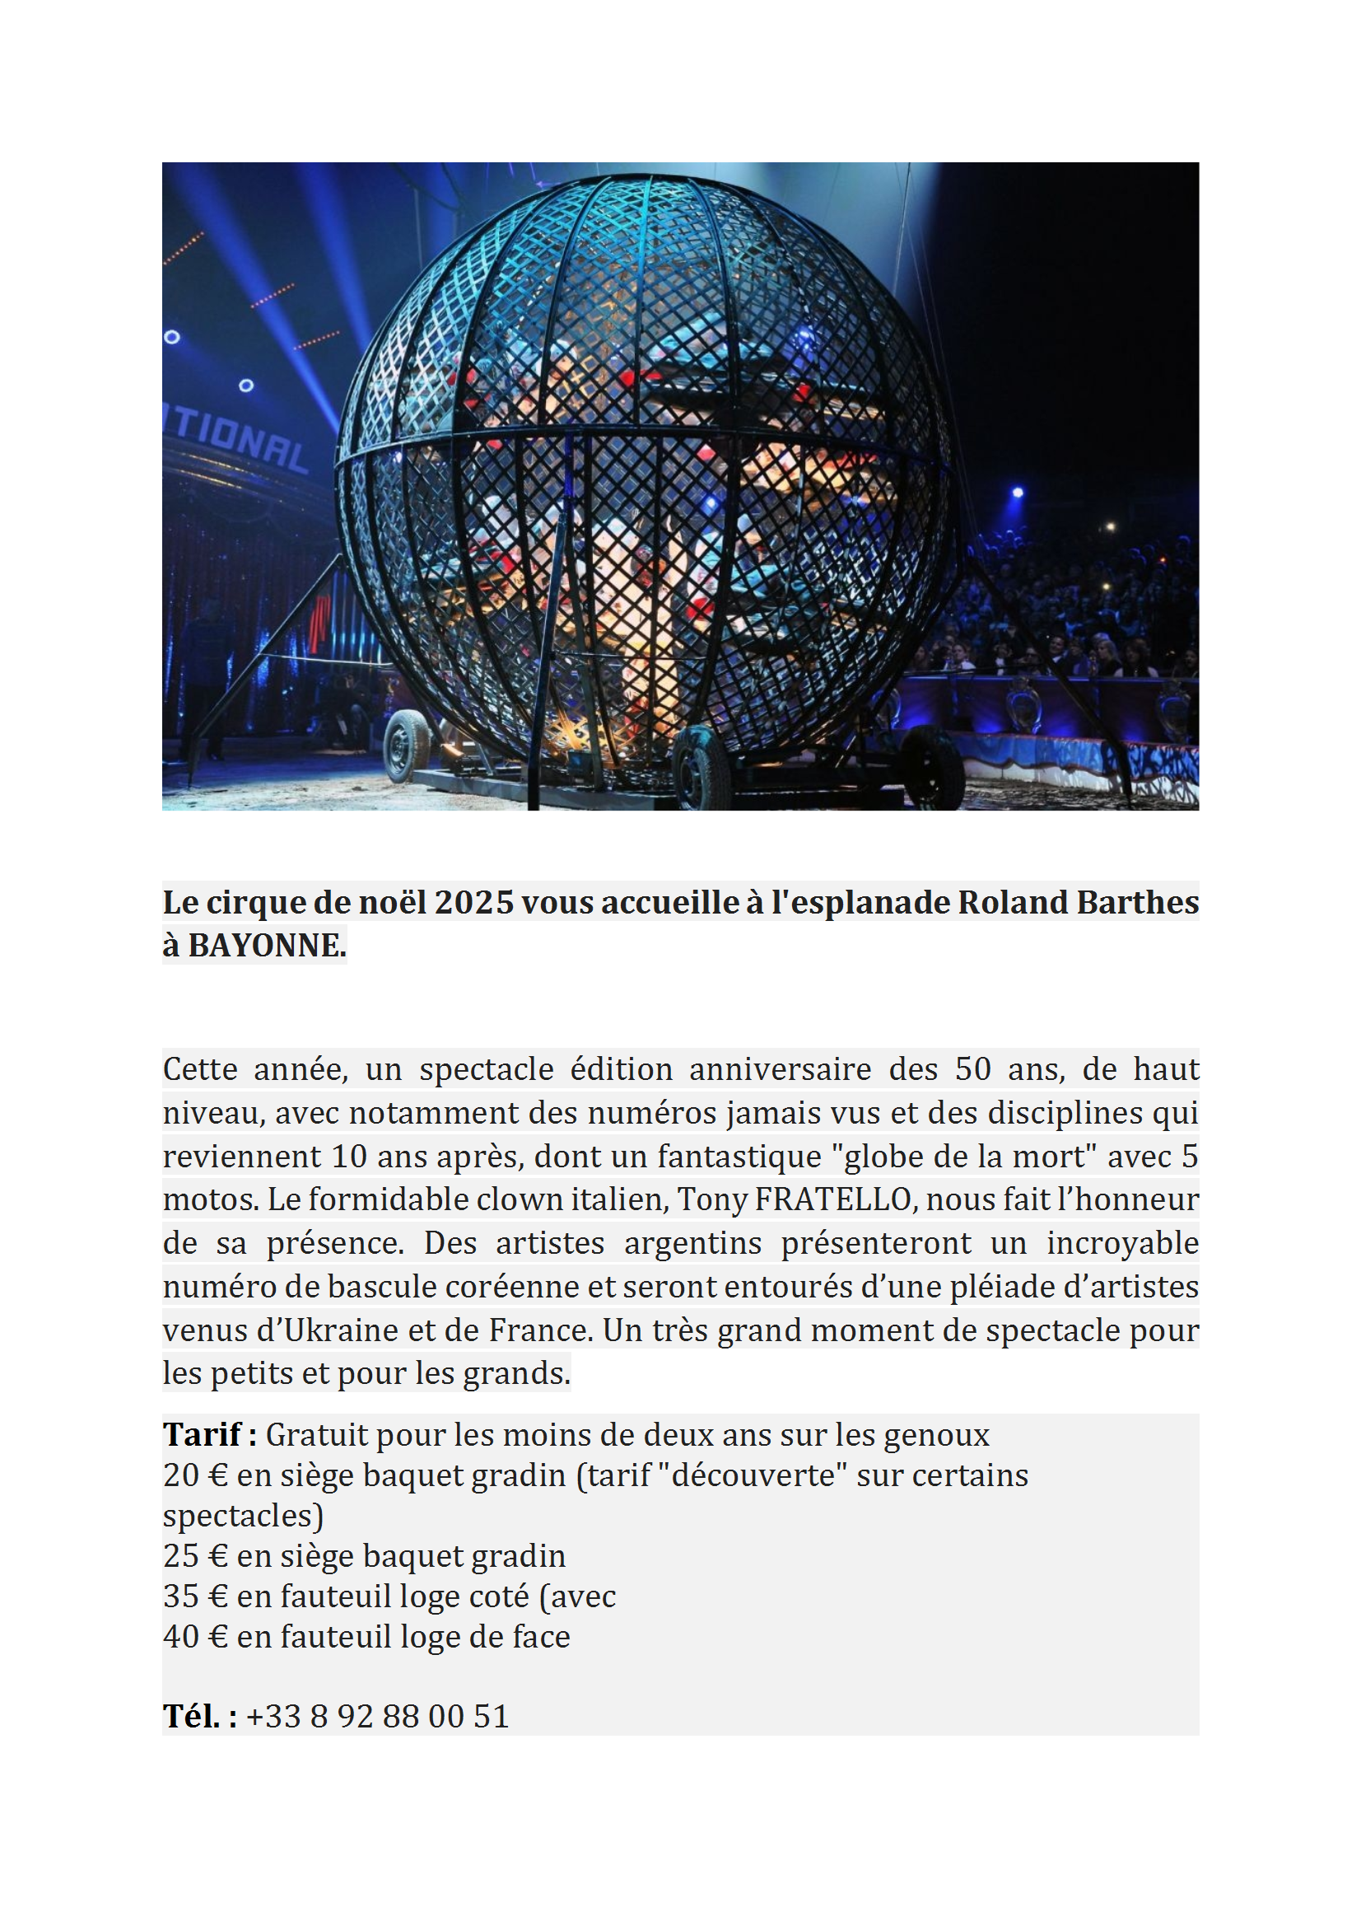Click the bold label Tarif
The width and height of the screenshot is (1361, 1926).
tap(202, 1434)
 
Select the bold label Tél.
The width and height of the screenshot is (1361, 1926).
tap(191, 1715)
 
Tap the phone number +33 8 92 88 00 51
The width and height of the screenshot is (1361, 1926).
tap(377, 1716)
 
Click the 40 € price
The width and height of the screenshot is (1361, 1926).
tap(195, 1636)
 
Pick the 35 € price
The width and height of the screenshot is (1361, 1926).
tap(195, 1596)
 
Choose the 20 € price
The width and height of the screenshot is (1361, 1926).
tap(195, 1475)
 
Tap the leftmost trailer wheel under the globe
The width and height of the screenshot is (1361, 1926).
tap(407, 746)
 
